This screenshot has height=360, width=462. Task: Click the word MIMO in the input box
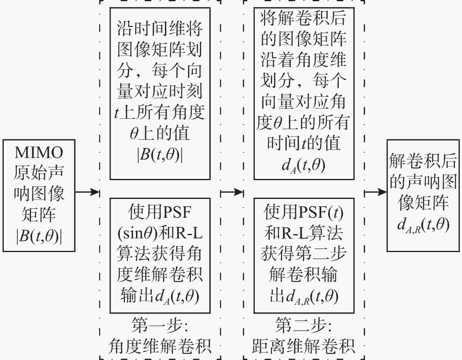(39, 153)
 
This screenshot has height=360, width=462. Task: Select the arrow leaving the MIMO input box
(87, 192)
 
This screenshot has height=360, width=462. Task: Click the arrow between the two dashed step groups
(232, 192)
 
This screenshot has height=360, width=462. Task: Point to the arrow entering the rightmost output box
(376, 192)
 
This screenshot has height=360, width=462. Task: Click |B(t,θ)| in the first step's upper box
(160, 155)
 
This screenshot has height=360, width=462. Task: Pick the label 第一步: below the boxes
(160, 326)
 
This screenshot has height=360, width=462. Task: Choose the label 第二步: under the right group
(304, 326)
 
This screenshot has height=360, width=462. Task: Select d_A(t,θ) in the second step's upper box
(304, 165)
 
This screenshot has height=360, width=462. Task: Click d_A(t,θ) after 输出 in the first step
(177, 296)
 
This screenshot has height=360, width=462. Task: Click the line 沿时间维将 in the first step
(160, 29)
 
